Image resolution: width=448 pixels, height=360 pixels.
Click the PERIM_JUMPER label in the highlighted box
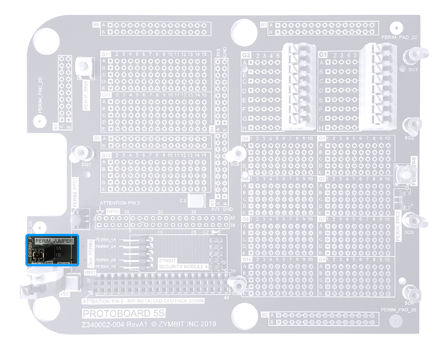click(54, 241)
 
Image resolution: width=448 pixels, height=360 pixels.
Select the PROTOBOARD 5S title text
click(124, 313)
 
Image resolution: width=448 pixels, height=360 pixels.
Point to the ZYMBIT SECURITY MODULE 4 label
click(183, 263)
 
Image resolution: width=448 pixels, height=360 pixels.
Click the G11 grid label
click(106, 54)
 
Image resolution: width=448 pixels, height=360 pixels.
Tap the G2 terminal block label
click(246, 55)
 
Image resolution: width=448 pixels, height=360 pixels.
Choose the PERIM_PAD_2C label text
click(399, 38)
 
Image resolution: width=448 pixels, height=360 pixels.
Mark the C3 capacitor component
click(197, 201)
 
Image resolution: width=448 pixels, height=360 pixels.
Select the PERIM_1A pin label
click(106, 240)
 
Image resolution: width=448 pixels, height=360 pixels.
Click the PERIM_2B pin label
click(106, 260)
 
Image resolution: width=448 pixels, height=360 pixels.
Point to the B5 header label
click(96, 25)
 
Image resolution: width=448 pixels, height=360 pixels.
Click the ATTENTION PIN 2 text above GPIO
click(119, 204)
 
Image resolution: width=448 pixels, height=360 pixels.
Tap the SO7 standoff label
click(86, 164)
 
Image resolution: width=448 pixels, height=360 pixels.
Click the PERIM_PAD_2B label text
click(399, 310)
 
